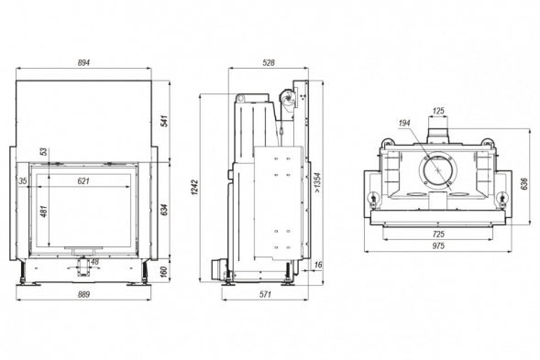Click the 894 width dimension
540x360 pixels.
[83, 62]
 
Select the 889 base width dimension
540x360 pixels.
[83, 294]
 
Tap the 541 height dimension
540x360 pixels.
[165, 121]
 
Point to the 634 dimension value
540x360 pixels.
[165, 210]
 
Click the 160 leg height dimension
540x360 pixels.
[164, 271]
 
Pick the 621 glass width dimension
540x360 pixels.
[83, 180]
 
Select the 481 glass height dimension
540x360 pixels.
[44, 211]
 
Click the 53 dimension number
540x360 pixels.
[44, 151]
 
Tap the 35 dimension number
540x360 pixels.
[23, 180]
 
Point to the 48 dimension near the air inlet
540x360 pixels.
[94, 262]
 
